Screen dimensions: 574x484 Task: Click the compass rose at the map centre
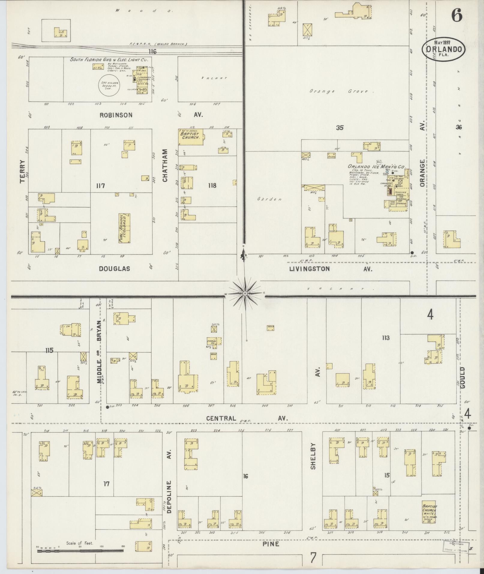pyautogui.click(x=245, y=293)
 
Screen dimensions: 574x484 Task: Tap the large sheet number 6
pyautogui.click(x=457, y=16)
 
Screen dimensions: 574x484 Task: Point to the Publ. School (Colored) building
pyautogui.click(x=125, y=229)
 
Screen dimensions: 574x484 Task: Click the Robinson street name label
pyautogui.click(x=116, y=115)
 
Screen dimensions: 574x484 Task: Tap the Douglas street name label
pyautogui.click(x=115, y=269)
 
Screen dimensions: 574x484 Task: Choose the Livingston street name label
pyautogui.click(x=309, y=269)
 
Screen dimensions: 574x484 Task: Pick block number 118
pyautogui.click(x=212, y=185)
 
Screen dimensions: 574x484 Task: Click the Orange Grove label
pyautogui.click(x=342, y=91)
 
